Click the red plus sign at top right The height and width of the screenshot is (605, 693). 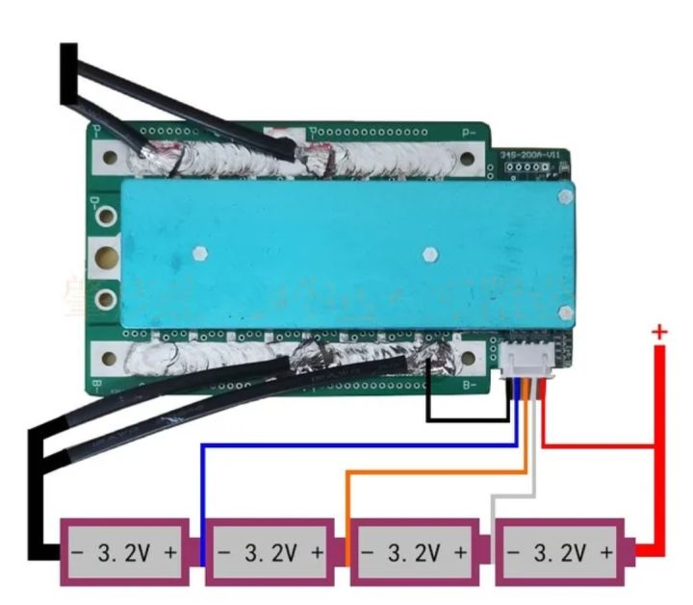[x=659, y=332]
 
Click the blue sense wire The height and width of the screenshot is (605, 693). [x=356, y=445]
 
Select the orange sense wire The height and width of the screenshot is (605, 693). [x=433, y=471]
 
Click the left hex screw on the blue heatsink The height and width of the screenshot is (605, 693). [x=199, y=255]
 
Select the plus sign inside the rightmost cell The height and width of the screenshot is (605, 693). [x=606, y=553]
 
